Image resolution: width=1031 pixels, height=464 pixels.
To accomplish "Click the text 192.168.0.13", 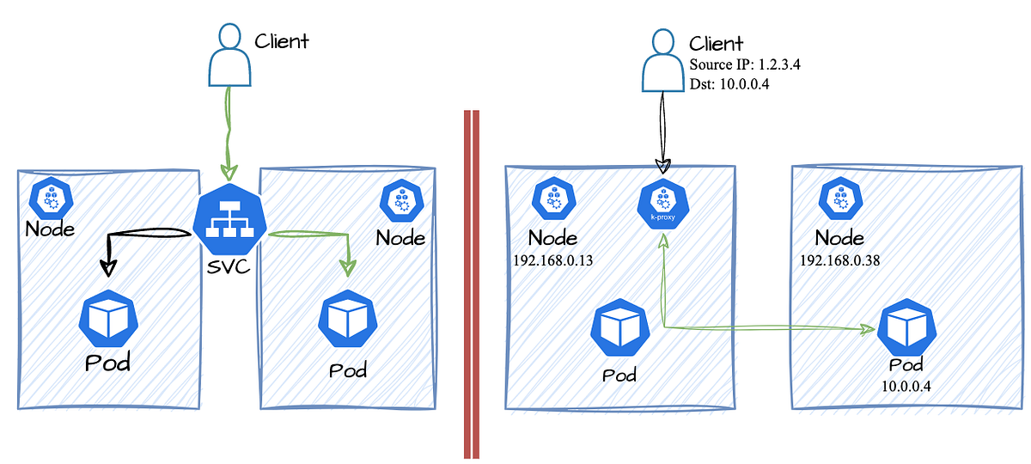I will coord(552,259).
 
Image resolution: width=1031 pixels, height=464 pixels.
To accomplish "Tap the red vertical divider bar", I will coord(471,284).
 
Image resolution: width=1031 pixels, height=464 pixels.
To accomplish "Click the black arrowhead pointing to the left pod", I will coord(107,267).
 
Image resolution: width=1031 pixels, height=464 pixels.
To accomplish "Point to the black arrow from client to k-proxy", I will coord(662,129).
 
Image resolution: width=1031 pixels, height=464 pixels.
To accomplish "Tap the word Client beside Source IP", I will coord(717,44).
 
